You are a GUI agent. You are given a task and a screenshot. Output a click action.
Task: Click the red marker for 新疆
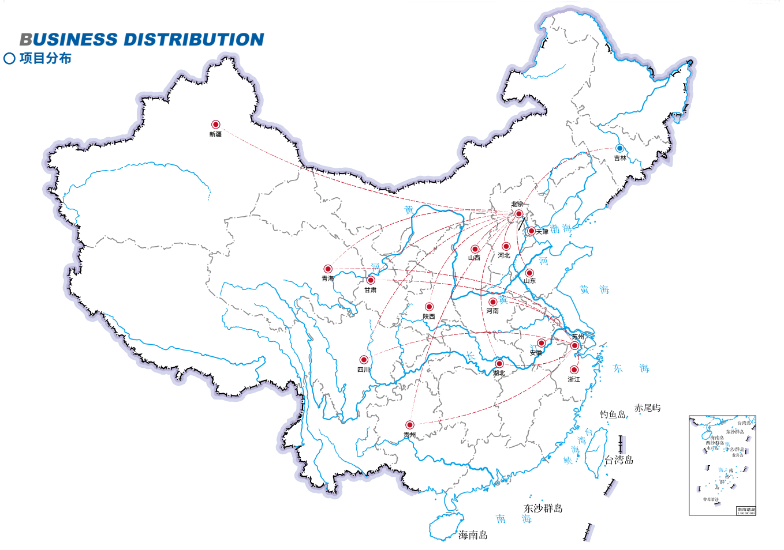(215, 125)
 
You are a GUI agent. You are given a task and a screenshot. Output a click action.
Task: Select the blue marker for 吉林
(619, 148)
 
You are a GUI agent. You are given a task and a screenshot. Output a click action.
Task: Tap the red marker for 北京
(518, 214)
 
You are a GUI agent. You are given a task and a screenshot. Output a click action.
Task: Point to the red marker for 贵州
(409, 425)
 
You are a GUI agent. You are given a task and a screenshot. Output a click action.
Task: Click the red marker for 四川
(364, 360)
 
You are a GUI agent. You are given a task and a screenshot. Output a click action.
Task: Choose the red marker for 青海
(328, 269)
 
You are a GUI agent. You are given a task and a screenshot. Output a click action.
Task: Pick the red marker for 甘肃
(371, 280)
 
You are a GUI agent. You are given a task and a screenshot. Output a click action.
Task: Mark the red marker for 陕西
(429, 307)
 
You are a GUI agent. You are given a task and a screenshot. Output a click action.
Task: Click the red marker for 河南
(492, 302)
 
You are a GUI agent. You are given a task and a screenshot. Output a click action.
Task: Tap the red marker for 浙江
(574, 370)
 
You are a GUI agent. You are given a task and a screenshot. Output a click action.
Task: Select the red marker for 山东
(529, 273)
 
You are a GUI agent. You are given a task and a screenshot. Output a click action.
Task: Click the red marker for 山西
(475, 249)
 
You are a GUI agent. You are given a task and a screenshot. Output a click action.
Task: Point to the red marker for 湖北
(499, 364)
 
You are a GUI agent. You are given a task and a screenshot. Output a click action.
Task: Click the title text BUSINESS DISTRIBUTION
(142, 39)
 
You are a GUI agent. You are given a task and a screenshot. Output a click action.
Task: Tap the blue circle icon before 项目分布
(9, 58)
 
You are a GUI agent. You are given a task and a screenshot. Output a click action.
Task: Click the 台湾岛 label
(619, 459)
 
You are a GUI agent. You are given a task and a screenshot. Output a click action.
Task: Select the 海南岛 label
(473, 535)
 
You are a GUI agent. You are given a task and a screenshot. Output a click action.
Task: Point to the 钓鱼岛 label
(613, 415)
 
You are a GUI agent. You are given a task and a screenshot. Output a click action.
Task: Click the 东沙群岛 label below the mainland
(543, 508)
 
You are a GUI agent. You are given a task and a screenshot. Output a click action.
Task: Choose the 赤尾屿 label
(647, 408)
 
